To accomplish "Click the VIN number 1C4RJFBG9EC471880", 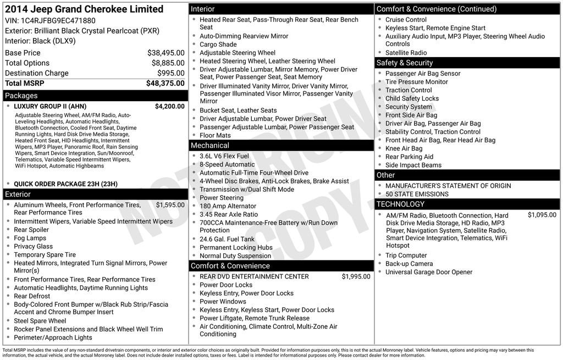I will tap(60, 21).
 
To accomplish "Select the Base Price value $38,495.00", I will tap(165, 53).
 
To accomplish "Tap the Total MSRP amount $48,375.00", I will tap(165, 83).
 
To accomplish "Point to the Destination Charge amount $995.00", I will tap(170, 73).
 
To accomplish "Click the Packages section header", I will tap(21, 96).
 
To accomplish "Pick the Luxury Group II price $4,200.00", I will tap(169, 107).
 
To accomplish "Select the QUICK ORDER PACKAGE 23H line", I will tap(65, 184).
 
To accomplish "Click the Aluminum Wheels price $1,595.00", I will tap(170, 205).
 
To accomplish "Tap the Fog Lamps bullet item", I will tap(30, 238).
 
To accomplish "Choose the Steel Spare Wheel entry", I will tap(40, 321).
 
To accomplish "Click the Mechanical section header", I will tap(209, 146).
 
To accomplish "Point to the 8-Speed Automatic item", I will tap(227, 164).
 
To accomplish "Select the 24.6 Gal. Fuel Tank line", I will tap(227, 239).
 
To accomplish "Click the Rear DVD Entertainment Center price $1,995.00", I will tap(356, 276).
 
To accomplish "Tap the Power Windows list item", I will tap(223, 302).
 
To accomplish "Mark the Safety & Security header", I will tap(405, 63).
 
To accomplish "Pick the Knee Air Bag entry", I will tap(404, 148).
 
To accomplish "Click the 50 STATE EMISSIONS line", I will tap(417, 194).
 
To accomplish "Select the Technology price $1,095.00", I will tap(542, 215).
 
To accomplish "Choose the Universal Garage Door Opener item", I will tap(429, 272).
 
